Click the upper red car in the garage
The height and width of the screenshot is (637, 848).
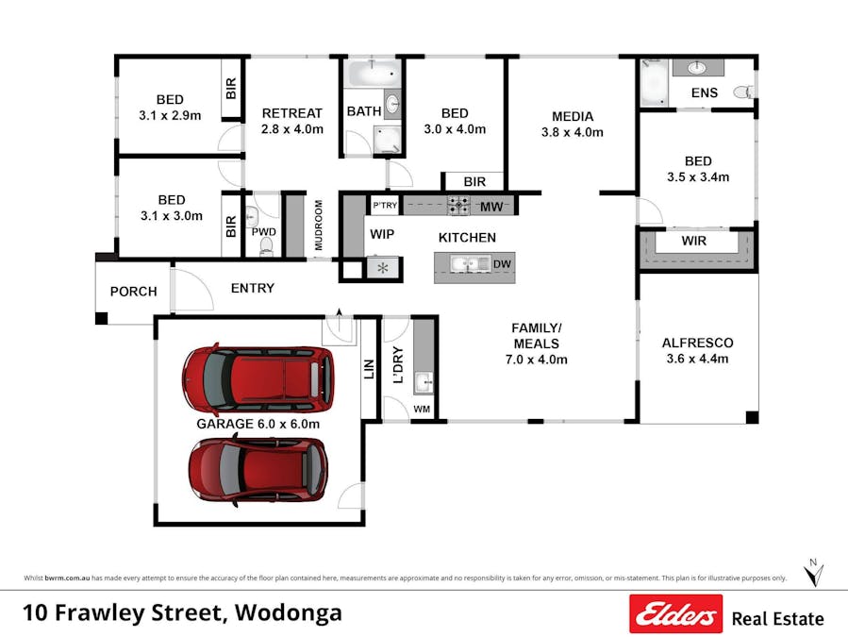point(258,377)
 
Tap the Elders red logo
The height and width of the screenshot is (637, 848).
point(675,614)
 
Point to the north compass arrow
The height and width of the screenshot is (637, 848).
point(816,573)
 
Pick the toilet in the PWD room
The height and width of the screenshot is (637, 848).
point(265,245)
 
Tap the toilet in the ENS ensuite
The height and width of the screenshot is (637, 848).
point(741,92)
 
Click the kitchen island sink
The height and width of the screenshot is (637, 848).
point(463,265)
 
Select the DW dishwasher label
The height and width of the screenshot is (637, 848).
point(502,265)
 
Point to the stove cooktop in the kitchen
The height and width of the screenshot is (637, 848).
point(457,205)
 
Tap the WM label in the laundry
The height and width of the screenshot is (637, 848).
point(422,410)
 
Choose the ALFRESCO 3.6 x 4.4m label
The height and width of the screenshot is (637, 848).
point(698,351)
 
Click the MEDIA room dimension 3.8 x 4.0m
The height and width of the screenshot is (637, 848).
point(572,132)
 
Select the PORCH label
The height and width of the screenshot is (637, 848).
point(134,292)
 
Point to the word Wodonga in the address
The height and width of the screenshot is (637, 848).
point(288,613)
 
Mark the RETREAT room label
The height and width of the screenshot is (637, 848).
point(292,113)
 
